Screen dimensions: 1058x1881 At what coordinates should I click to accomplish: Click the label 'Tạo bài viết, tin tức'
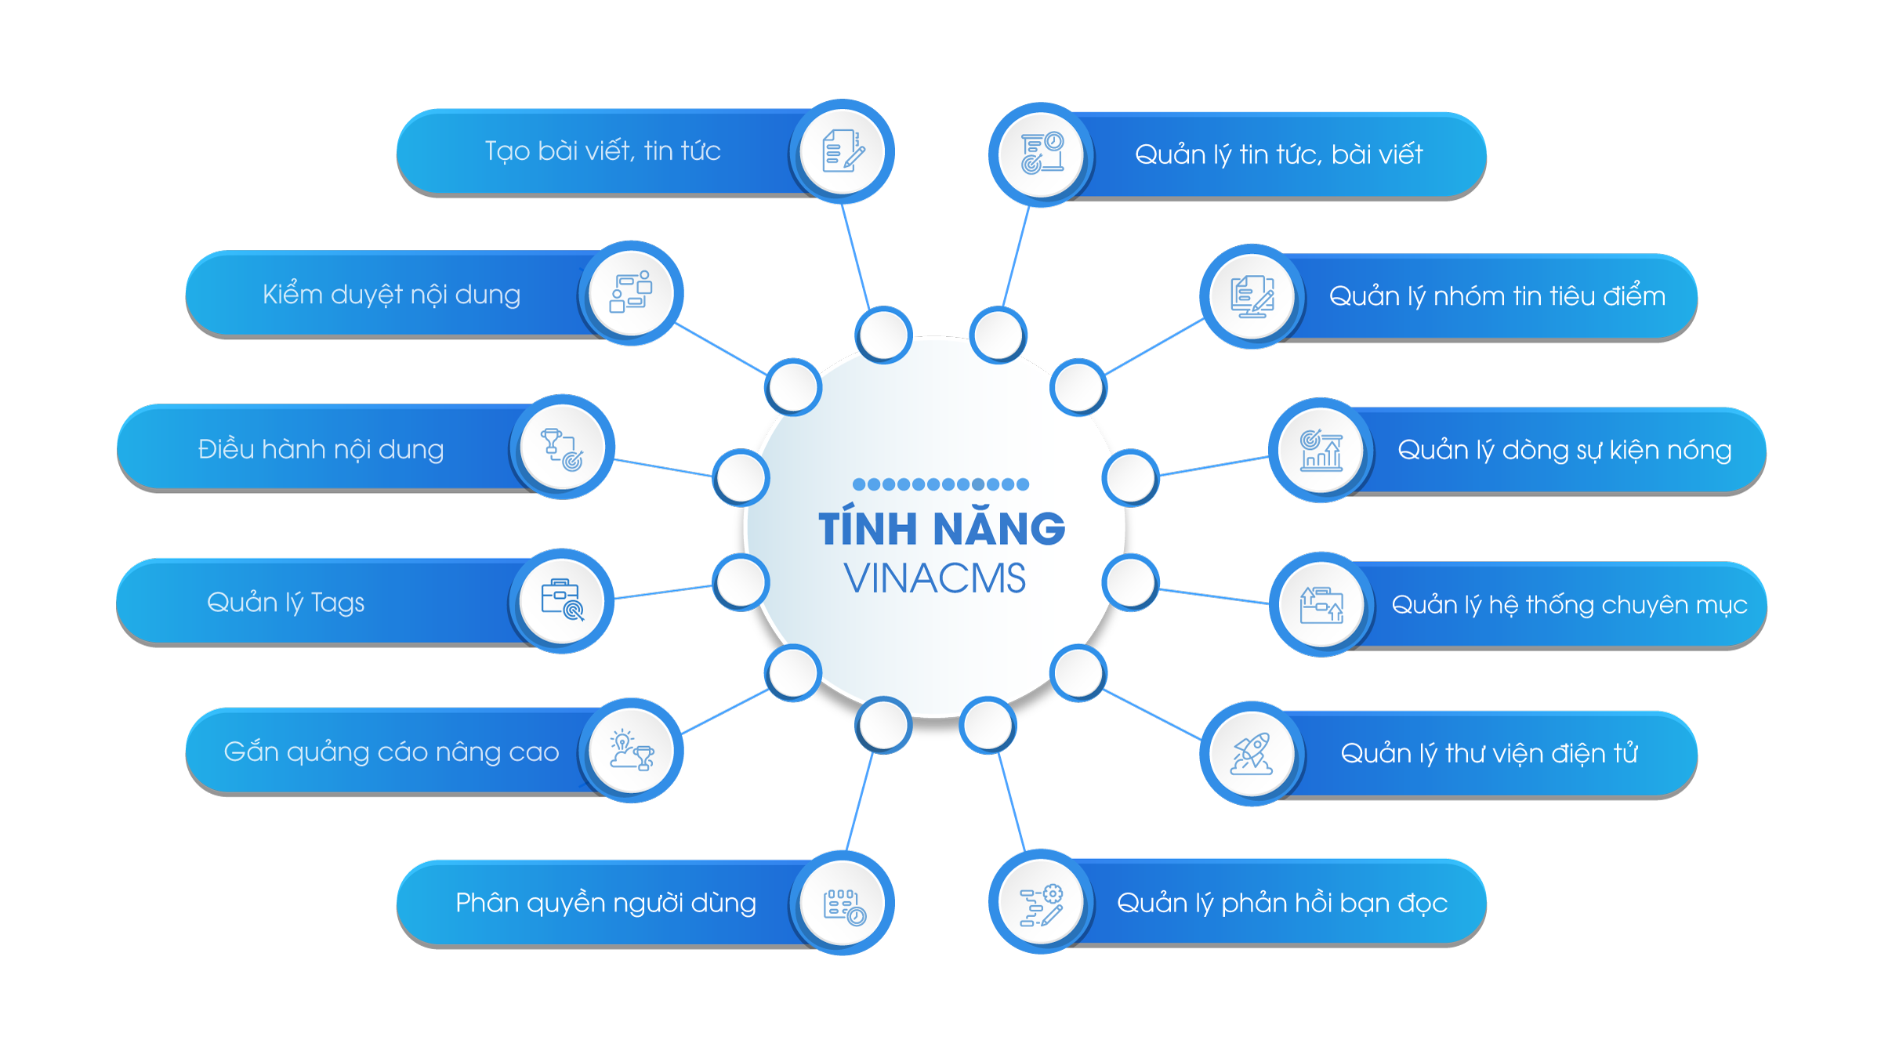point(602,150)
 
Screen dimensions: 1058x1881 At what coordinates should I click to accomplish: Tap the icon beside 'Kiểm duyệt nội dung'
point(631,293)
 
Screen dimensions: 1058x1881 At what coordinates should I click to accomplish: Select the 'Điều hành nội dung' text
point(321,449)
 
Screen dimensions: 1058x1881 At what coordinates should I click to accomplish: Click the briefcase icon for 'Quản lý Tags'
point(562,600)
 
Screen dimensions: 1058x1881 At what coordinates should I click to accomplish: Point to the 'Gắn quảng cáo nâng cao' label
point(391,752)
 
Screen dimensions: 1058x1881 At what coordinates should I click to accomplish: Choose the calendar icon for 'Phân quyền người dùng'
point(843,904)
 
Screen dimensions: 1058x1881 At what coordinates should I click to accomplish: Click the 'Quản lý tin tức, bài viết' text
point(1278,154)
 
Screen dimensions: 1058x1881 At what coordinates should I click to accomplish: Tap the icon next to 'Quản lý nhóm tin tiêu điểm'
point(1252,297)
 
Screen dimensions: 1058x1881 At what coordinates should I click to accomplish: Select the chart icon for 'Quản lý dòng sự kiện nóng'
point(1321,451)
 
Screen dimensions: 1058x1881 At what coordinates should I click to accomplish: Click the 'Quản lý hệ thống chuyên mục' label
point(1569,604)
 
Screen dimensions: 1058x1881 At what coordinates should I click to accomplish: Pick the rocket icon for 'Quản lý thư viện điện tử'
point(1252,754)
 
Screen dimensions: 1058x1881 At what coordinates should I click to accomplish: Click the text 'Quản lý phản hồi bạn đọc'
point(1281,903)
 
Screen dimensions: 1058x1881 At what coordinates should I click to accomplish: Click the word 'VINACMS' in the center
point(935,578)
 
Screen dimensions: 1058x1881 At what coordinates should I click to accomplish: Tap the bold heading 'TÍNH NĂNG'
point(941,528)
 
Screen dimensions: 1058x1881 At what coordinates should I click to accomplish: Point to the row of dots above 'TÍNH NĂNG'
point(940,484)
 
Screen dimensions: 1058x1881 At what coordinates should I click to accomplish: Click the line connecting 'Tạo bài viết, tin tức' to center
point(855,255)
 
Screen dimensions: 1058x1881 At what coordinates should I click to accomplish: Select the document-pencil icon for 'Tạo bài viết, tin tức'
point(843,150)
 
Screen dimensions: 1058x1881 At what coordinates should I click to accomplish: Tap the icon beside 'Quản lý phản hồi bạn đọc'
point(1042,903)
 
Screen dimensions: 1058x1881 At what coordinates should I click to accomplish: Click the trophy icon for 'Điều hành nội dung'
point(562,448)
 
